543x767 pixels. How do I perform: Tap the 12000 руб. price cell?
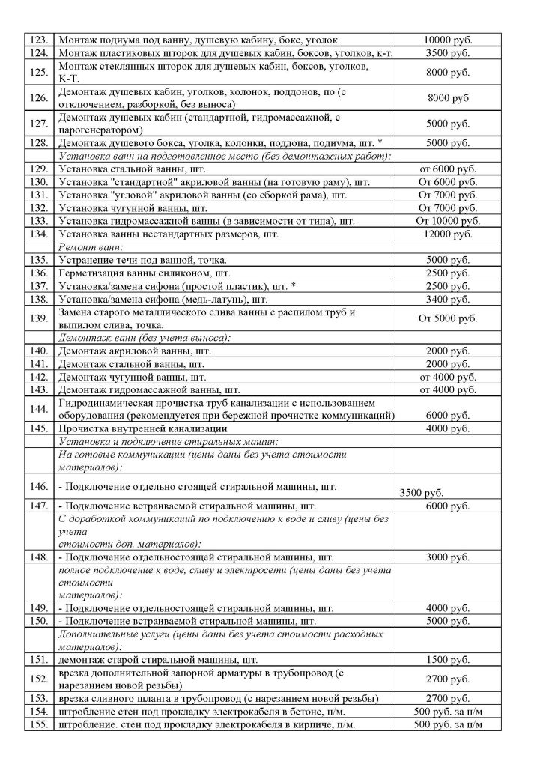(448, 235)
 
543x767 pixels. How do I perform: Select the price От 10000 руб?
(448, 222)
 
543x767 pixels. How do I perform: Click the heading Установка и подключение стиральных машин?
(169, 441)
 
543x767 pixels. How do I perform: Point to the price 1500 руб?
(448, 660)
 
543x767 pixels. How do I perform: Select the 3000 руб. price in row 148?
(448, 558)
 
